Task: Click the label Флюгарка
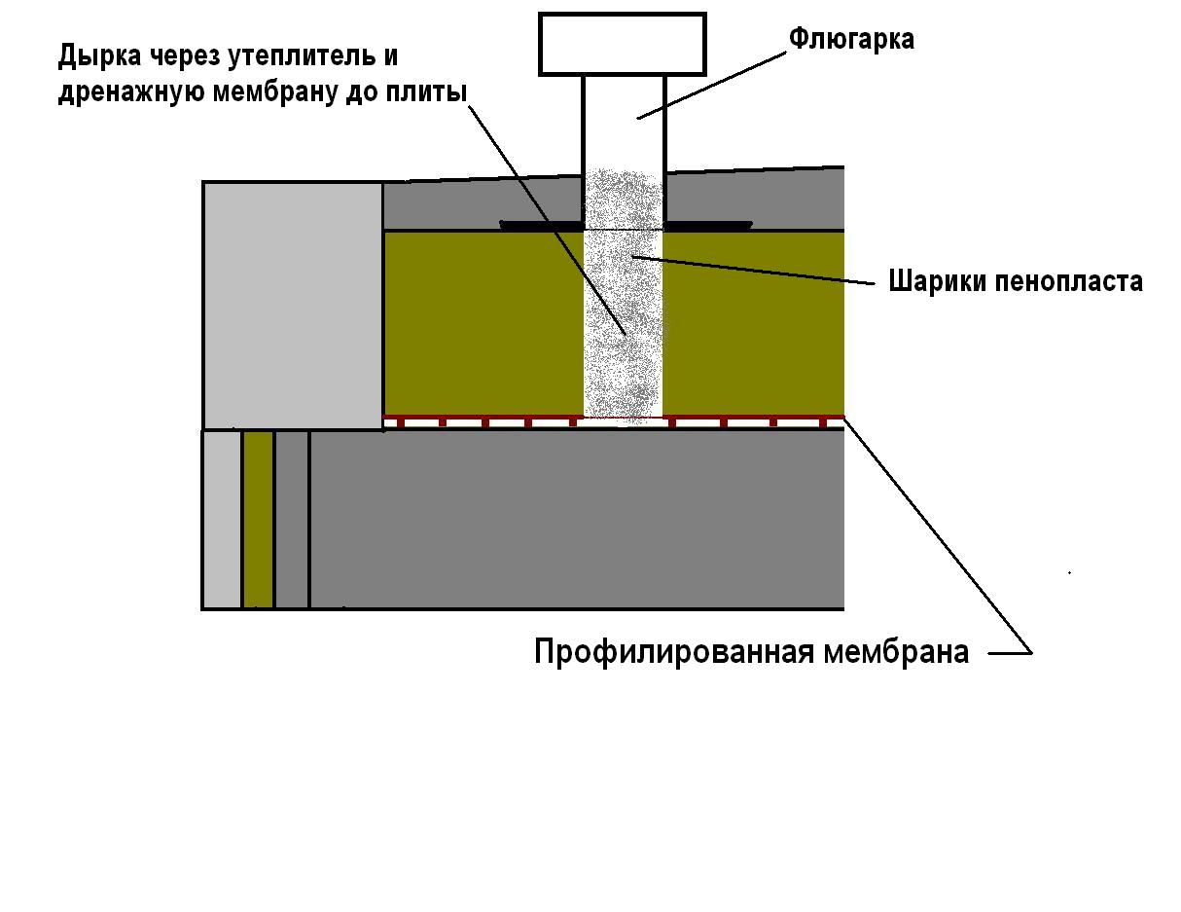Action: [851, 40]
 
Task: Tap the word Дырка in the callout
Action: [99, 56]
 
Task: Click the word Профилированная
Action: [674, 652]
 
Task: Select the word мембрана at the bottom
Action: [895, 653]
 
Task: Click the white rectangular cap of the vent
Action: [623, 44]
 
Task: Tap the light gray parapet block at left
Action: [293, 306]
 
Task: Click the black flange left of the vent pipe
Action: [541, 225]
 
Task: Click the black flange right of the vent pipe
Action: [707, 225]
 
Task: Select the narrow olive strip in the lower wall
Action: [258, 519]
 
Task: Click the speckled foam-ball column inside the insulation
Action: [624, 324]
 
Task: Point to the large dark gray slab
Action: [577, 519]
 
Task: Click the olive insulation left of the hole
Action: [483, 324]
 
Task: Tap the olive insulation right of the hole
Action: [753, 324]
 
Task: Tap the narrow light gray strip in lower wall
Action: [222, 519]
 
